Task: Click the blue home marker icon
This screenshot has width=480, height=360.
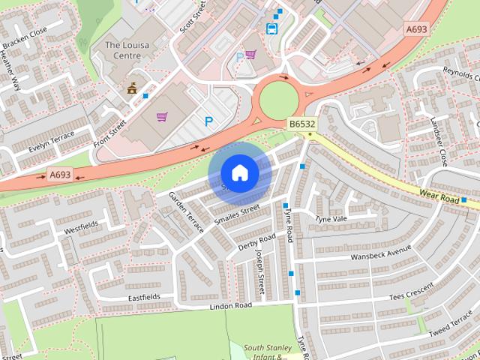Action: tap(239, 173)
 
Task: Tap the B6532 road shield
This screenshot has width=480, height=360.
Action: tap(301, 124)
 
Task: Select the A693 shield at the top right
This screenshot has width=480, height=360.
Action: tap(416, 29)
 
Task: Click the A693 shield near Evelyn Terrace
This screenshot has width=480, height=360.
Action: tap(59, 175)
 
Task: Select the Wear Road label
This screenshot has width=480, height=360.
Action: tap(439, 196)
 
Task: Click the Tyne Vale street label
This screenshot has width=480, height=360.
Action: tap(331, 219)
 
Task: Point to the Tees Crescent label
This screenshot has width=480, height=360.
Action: tap(411, 292)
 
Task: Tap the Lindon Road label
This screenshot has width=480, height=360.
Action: tap(230, 306)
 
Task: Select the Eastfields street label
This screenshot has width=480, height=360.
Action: tap(143, 297)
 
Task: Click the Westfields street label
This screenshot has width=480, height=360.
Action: tap(81, 225)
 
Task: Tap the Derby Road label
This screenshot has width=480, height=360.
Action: tap(257, 242)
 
